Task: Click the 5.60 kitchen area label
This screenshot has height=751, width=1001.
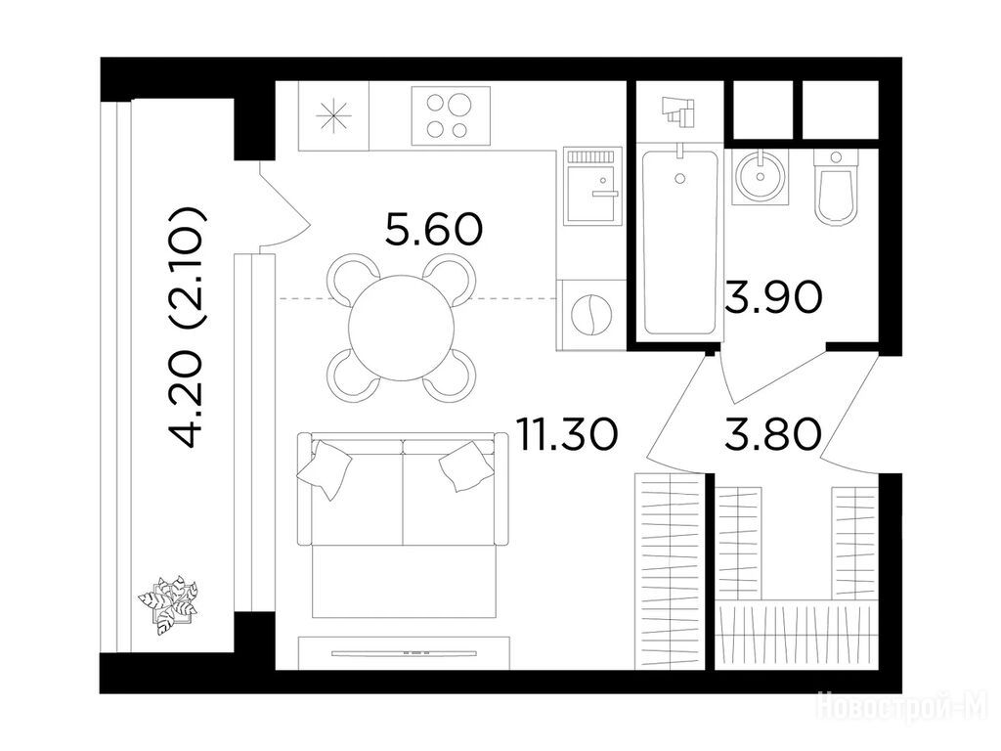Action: (x=433, y=230)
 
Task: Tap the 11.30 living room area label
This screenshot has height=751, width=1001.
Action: (x=567, y=434)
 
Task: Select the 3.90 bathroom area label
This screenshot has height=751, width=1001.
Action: (x=773, y=297)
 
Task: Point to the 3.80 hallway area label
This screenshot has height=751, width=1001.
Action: (x=773, y=433)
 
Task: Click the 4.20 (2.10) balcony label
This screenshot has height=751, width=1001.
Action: (x=186, y=327)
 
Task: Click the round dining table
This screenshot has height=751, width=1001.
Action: (x=402, y=328)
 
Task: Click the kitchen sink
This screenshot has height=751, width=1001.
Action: (x=591, y=185)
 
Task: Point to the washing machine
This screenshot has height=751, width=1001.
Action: (x=591, y=315)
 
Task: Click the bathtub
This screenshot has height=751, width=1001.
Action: (x=679, y=242)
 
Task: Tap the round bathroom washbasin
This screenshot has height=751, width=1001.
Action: (x=760, y=175)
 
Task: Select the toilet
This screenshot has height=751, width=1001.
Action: (x=837, y=187)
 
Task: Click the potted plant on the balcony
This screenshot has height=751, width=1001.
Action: (x=168, y=604)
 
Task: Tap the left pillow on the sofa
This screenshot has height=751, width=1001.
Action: (x=325, y=468)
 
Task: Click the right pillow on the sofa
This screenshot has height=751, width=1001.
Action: (x=466, y=466)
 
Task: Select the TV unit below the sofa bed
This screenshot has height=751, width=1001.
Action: (x=405, y=652)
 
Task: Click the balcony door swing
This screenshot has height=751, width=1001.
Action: (x=284, y=205)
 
